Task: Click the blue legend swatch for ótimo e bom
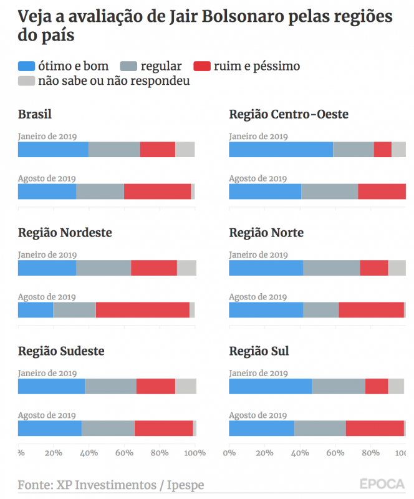pos(26,66)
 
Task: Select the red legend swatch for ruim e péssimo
pos(203,66)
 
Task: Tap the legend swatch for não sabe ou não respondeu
pos(26,81)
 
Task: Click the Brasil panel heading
pos(35,114)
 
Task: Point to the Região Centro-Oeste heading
pos(289,114)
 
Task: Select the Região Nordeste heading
pos(65,233)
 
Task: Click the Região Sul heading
pos(259,351)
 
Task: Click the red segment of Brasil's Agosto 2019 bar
pos(157,191)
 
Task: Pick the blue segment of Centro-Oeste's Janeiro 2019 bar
pos(281,150)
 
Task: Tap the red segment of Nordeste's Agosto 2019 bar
pos(142,310)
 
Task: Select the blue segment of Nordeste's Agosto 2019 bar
pos(36,310)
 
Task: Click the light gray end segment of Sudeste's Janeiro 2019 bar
pos(185,387)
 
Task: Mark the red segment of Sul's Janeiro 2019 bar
pos(377,387)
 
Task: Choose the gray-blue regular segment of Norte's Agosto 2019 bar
pos(320,310)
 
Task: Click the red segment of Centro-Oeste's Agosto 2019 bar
pos(382,191)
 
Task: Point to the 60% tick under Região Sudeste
pos(124,453)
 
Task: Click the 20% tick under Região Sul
pos(265,453)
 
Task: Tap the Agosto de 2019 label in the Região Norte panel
pos(258,297)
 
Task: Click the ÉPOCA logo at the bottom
pos(381,483)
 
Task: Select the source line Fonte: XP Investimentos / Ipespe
pos(111,485)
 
